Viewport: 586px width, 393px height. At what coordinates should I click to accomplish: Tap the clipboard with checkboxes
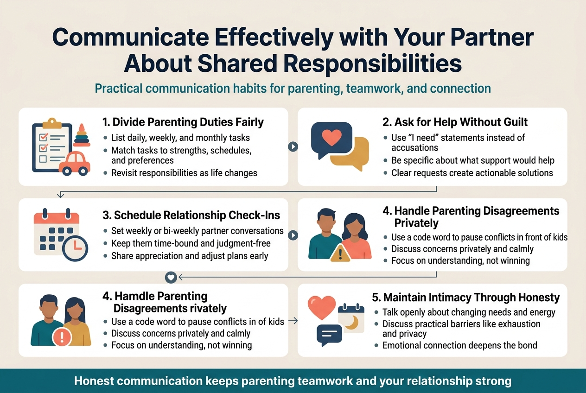pyautogui.click(x=51, y=147)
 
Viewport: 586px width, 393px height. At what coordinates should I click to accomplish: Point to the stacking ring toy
pyautogui.click(x=82, y=135)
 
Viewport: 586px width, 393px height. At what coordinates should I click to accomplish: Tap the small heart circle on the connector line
pyautogui.click(x=171, y=277)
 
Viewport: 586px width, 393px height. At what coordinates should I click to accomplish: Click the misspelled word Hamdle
pyautogui.click(x=135, y=296)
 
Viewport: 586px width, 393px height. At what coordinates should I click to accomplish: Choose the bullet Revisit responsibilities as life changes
pyautogui.click(x=184, y=173)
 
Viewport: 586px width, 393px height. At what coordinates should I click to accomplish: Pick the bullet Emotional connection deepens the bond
pyautogui.click(x=459, y=345)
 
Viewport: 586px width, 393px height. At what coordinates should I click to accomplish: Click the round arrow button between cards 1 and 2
pyautogui.click(x=293, y=146)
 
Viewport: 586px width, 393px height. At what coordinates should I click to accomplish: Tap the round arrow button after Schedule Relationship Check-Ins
pyautogui.click(x=293, y=235)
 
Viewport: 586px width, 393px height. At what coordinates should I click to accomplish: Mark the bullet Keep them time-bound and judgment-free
pyautogui.click(x=191, y=243)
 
